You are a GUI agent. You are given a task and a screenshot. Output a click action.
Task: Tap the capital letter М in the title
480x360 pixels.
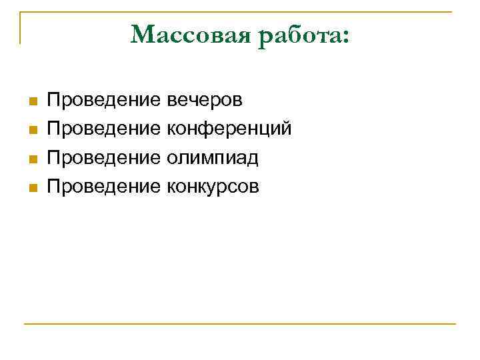pos(142,35)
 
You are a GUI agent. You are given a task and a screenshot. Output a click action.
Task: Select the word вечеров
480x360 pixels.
pos(205,101)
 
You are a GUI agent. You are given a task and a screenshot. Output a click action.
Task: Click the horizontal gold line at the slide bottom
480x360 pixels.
pos(240,325)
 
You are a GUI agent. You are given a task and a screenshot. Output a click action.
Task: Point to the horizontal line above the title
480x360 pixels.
pos(240,12)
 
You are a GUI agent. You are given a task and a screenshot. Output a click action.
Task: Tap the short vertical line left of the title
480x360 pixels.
pos(21,28)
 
